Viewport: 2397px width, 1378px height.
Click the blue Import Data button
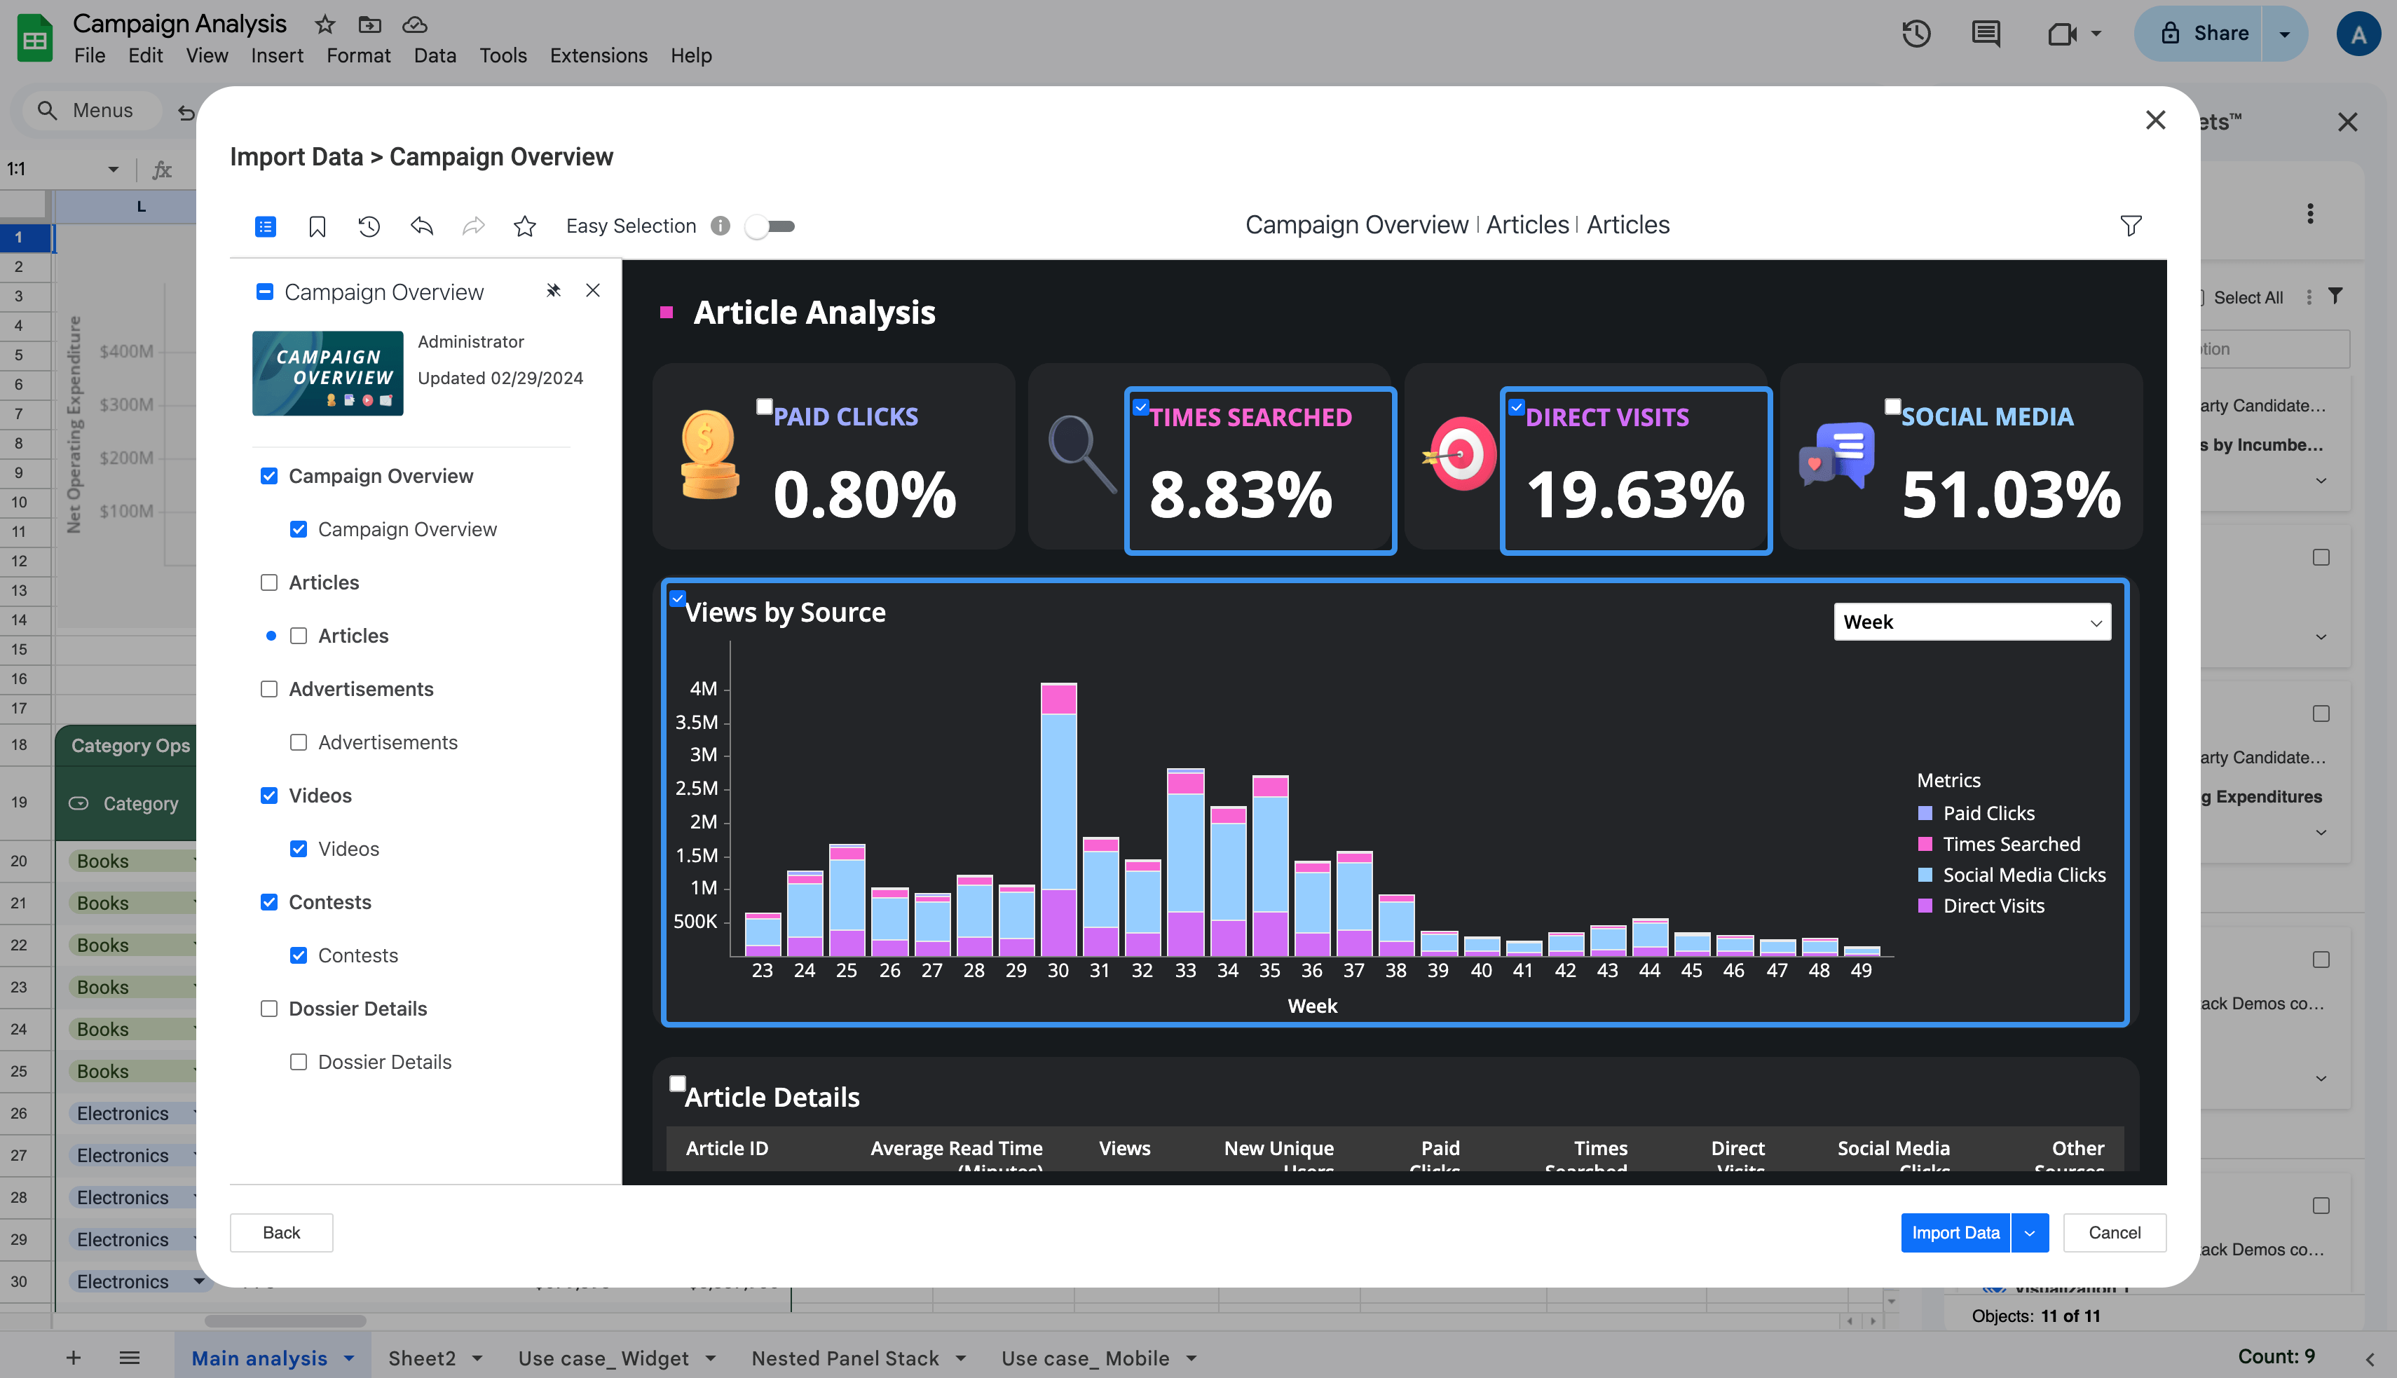[x=1954, y=1232]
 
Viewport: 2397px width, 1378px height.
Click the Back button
[x=281, y=1232]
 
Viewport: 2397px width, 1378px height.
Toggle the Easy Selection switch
[x=770, y=226]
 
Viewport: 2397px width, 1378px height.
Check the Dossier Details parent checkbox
[x=268, y=1009]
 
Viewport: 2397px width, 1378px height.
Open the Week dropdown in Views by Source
[x=1971, y=622]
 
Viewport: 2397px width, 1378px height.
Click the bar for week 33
[x=1184, y=852]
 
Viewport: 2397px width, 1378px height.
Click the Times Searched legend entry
[x=2010, y=844]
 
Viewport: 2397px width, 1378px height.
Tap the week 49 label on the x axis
[x=1860, y=970]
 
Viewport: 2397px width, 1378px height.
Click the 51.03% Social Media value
[x=2010, y=494]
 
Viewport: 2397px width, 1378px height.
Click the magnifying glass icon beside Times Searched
[x=1081, y=452]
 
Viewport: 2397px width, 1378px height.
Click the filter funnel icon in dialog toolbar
[x=2130, y=226]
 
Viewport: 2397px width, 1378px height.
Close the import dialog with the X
[x=2154, y=120]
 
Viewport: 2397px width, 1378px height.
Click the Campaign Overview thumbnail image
[x=327, y=373]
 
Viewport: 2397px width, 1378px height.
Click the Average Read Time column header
[x=956, y=1148]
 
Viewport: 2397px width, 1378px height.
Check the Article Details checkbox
[x=678, y=1084]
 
